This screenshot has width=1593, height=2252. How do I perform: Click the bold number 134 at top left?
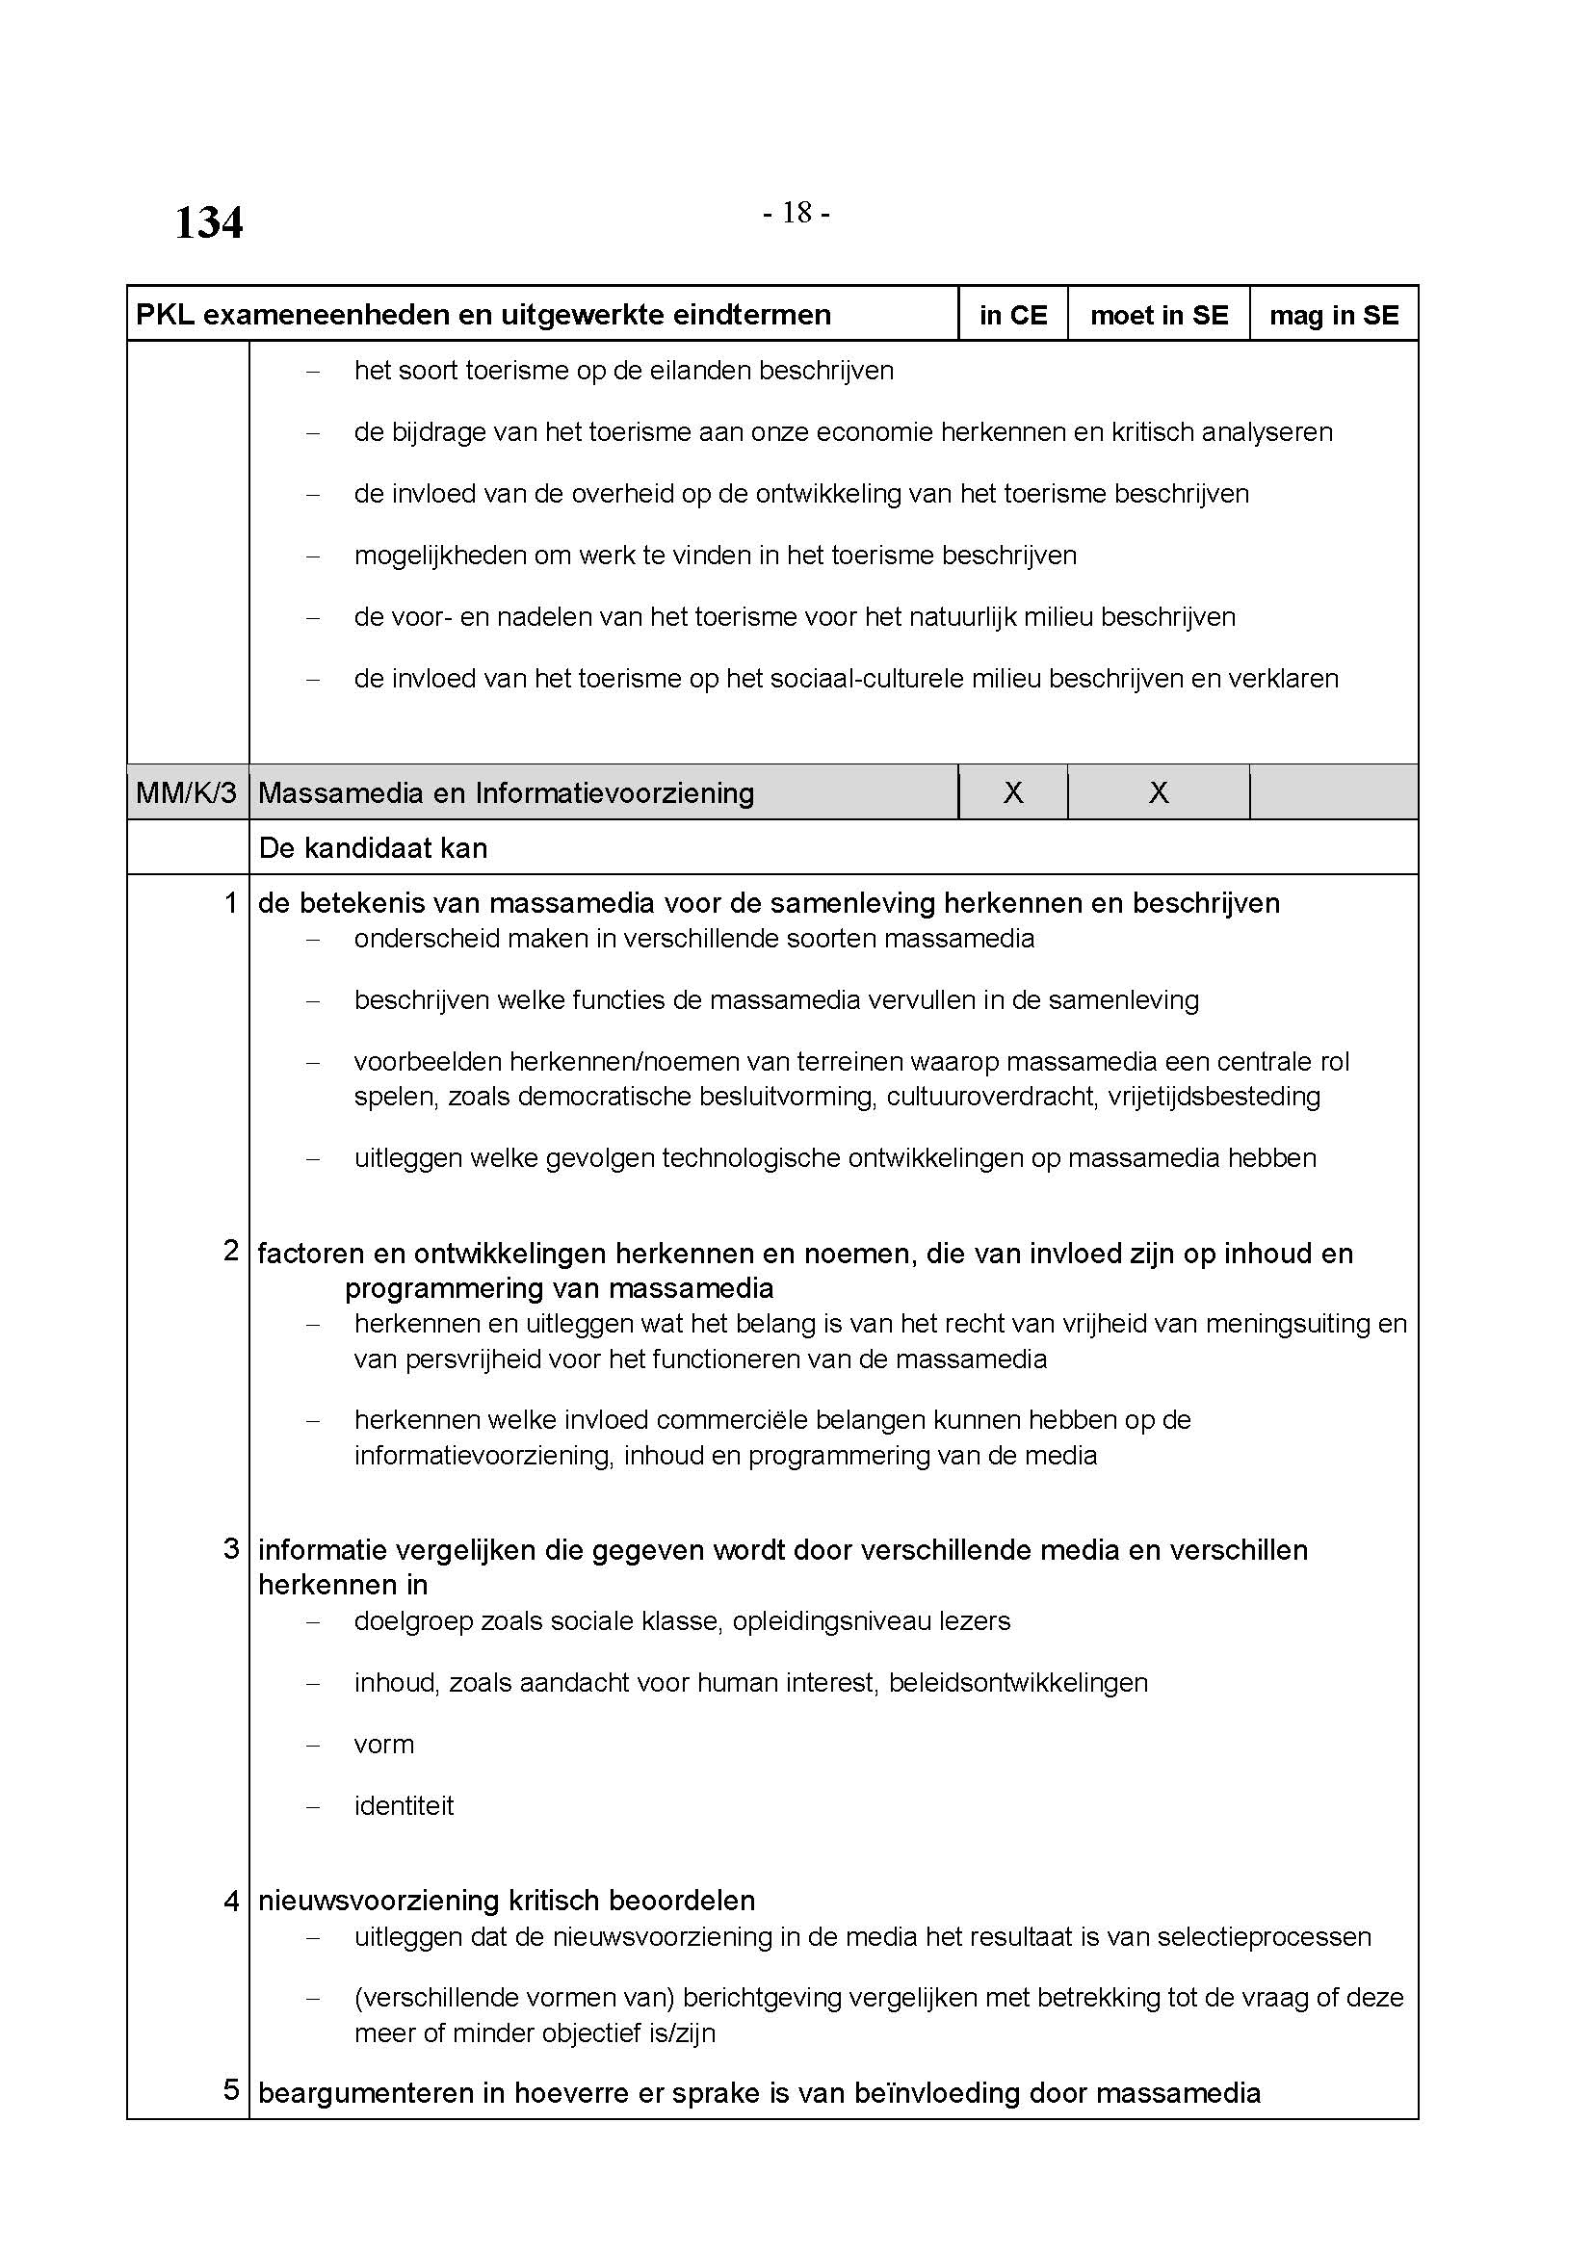[x=209, y=223]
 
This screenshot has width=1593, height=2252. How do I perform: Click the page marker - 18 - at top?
[x=796, y=213]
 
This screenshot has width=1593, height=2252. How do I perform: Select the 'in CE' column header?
[x=1013, y=315]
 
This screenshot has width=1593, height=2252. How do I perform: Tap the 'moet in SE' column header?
[x=1159, y=315]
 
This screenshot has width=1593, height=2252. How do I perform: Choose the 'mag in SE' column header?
[x=1334, y=315]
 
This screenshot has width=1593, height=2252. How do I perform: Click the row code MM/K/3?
[x=187, y=792]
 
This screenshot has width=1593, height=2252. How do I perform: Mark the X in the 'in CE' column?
[x=1013, y=792]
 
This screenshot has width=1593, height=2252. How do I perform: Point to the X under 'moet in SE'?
[x=1159, y=792]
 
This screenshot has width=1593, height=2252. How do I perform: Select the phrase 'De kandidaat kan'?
[x=373, y=847]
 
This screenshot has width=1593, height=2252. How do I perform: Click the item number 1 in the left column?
[x=231, y=902]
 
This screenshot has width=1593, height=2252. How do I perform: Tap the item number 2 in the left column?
[x=231, y=1251]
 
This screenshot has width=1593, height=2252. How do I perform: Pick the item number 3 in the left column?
[x=231, y=1549]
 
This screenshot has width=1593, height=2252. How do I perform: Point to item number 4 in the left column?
[x=231, y=1901]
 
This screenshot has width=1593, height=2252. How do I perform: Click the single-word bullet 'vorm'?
[x=384, y=1745]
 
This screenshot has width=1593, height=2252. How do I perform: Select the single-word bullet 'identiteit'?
[x=405, y=1806]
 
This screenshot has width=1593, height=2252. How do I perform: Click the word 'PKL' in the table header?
[x=158, y=315]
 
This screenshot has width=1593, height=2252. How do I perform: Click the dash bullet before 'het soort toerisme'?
[x=314, y=372]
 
